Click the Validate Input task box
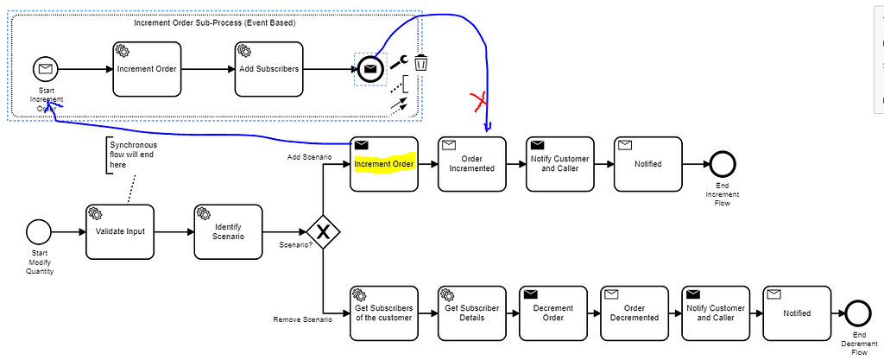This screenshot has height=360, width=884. coord(120,231)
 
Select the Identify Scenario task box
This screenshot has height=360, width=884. coord(228,231)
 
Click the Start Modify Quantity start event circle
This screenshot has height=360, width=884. coord(38,231)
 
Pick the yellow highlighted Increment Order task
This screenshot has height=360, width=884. coord(384,164)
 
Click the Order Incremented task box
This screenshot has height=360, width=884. coord(471,164)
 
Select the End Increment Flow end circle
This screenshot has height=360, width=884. coord(722,164)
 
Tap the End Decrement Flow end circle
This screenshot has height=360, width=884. coord(859,313)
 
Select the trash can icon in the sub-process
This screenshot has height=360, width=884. coord(421,62)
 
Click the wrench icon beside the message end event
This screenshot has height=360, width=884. coord(398,62)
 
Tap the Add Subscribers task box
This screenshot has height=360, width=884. coord(268,69)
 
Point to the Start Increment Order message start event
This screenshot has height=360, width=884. coord(44,68)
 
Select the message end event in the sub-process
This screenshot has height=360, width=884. coord(369,69)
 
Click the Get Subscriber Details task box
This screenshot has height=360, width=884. coord(471,313)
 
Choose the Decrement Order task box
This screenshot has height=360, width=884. coord(552,313)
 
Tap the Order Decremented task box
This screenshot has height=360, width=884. coord(635,313)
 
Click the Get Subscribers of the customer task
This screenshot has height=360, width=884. coord(384,313)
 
